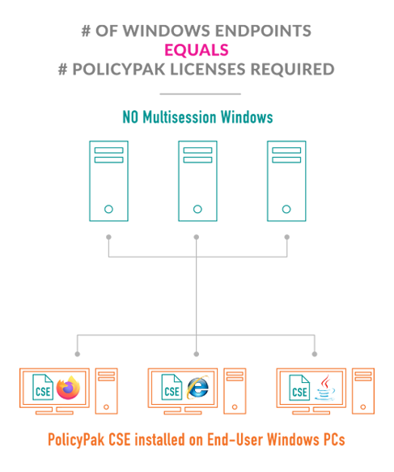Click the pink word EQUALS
pyautogui.click(x=197, y=50)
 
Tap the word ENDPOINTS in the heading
pyautogui.click(x=263, y=31)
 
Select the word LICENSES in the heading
pyautogui.click(x=208, y=70)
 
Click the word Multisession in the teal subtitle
pyautogui.click(x=180, y=117)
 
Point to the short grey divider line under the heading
pyautogui.click(x=201, y=94)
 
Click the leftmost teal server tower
pyautogui.click(x=108, y=181)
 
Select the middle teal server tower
pyautogui.click(x=197, y=181)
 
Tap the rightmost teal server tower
pyautogui.click(x=286, y=181)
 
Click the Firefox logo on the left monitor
pyautogui.click(x=68, y=388)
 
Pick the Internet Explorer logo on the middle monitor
pyautogui.click(x=197, y=387)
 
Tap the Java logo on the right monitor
pyautogui.click(x=325, y=388)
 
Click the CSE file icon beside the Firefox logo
pyautogui.click(x=43, y=387)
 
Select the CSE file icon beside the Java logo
pyautogui.click(x=299, y=388)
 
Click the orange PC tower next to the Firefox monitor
pyautogui.click(x=106, y=391)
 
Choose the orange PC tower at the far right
pyautogui.click(x=363, y=391)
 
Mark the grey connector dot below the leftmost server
pyautogui.click(x=108, y=237)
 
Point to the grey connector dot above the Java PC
pyautogui.click(x=315, y=354)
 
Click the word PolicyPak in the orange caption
pyautogui.click(x=76, y=440)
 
